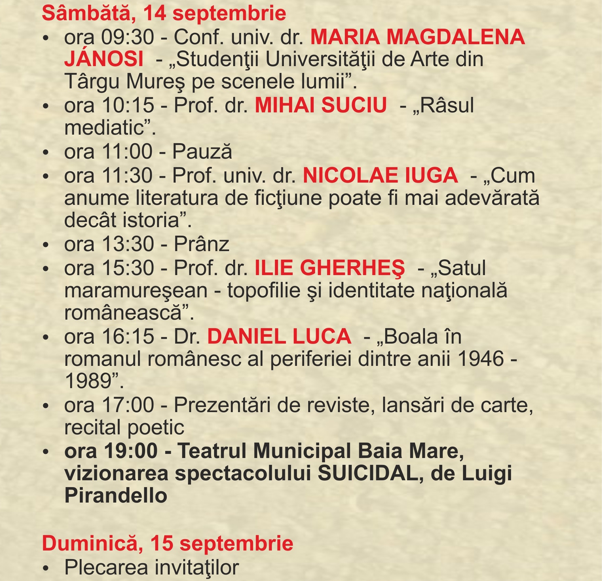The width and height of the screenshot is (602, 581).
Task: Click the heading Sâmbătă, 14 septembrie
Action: coord(164,14)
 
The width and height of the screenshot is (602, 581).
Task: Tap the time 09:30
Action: coord(127,37)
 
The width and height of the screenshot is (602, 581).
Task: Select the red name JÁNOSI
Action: coord(104,59)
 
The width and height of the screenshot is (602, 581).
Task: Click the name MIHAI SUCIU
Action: coord(321,105)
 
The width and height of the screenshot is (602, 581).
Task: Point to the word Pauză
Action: coord(202,152)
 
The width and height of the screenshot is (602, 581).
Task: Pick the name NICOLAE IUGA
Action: coord(380,175)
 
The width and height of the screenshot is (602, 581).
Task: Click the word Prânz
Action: coord(201,244)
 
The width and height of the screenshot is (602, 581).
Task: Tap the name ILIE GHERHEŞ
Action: coord(329,268)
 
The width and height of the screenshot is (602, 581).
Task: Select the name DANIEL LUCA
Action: coord(279,336)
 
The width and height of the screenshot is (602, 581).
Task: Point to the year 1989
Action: coord(89,381)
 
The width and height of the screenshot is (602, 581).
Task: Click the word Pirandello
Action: coord(116,496)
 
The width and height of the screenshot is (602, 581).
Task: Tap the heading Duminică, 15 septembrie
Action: coord(167,543)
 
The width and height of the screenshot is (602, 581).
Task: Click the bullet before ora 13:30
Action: coord(46,245)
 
